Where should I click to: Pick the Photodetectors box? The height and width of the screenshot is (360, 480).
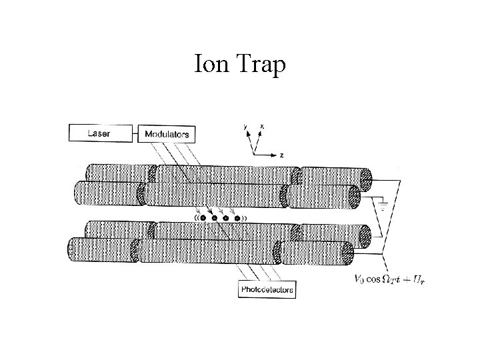tap(267, 290)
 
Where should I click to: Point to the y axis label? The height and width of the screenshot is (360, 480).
tap(246, 125)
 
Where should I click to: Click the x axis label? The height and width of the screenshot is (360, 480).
tap(261, 125)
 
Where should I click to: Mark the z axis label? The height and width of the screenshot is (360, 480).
tap(282, 155)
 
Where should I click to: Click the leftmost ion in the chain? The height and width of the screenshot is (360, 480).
tap(203, 218)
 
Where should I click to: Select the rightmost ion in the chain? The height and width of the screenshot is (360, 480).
tap(237, 218)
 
